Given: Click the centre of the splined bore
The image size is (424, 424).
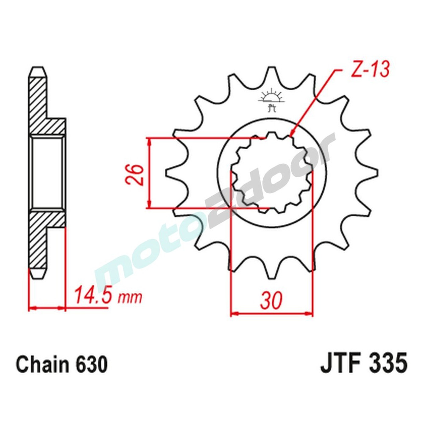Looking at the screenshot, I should point(271,173).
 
